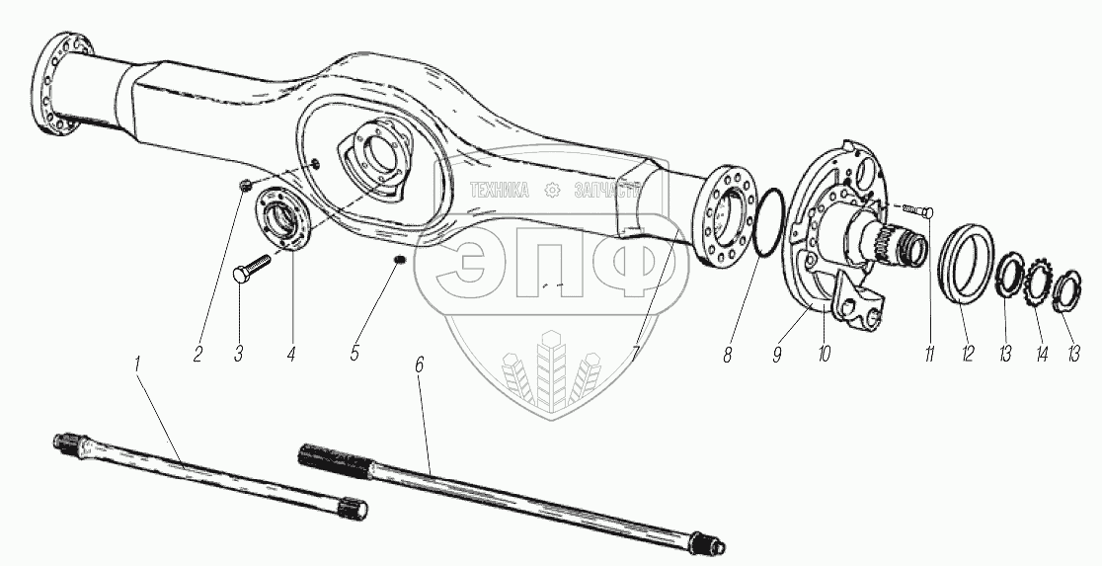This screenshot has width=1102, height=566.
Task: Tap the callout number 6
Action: coord(419,364)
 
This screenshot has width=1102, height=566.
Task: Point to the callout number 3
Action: coord(239,354)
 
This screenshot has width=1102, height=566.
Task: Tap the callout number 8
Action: coord(727,354)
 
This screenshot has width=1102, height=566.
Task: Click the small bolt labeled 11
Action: coord(919,209)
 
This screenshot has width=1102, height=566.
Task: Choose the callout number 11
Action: coord(929,354)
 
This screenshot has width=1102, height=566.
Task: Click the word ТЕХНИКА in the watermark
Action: coord(499,192)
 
